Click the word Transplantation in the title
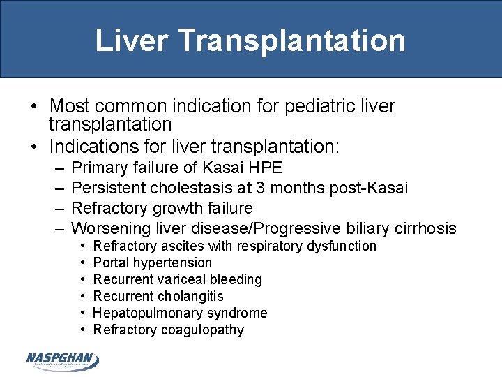291,40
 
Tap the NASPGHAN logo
63,360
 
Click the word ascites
183,246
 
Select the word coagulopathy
202,330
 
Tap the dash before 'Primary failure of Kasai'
56,168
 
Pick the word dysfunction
341,246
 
